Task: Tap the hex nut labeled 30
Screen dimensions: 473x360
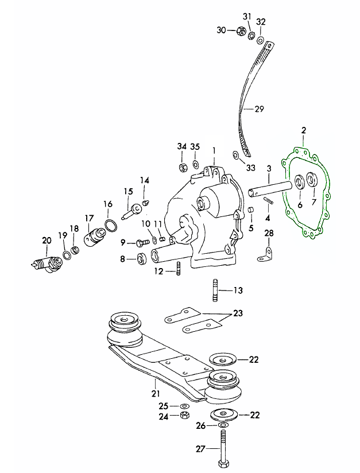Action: [241, 30]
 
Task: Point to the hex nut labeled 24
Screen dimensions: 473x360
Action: [185, 415]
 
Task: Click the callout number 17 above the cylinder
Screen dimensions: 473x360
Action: [88, 218]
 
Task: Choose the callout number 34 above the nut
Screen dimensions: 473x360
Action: [182, 147]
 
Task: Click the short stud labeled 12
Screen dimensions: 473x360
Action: [179, 268]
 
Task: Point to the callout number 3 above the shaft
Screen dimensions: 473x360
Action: [268, 168]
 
